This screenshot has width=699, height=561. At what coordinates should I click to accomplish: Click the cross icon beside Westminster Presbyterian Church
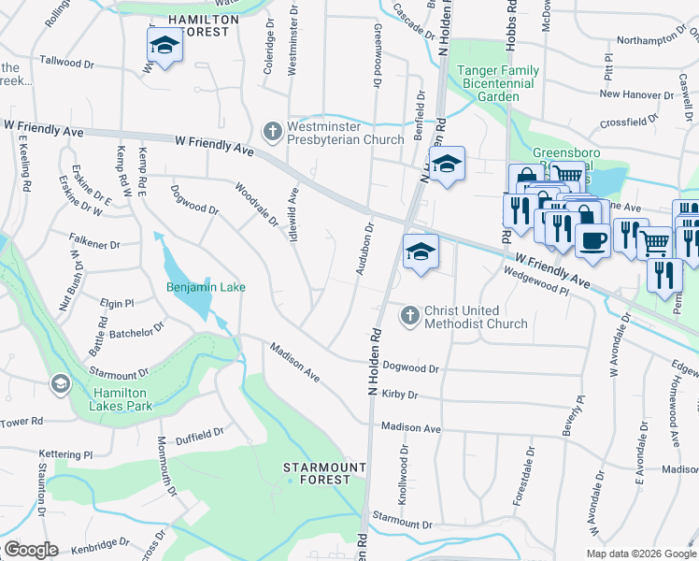[273, 130]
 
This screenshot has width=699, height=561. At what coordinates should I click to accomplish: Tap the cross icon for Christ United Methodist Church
[409, 316]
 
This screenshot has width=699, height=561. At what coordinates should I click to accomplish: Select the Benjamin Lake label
[206, 287]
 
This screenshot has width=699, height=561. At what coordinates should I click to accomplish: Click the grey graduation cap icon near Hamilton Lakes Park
[61, 384]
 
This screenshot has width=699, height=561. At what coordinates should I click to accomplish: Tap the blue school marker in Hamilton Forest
[164, 46]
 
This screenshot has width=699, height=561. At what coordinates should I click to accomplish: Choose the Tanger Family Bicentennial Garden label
[496, 83]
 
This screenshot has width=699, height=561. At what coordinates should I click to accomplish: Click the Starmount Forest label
[318, 472]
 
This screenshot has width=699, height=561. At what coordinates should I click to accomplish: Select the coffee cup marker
[592, 241]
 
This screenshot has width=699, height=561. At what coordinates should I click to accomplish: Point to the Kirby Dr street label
[399, 396]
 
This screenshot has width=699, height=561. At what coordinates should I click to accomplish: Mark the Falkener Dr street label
[95, 245]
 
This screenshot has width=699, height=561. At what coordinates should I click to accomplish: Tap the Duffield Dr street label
[200, 433]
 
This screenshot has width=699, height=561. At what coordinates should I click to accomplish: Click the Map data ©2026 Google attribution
[641, 554]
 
